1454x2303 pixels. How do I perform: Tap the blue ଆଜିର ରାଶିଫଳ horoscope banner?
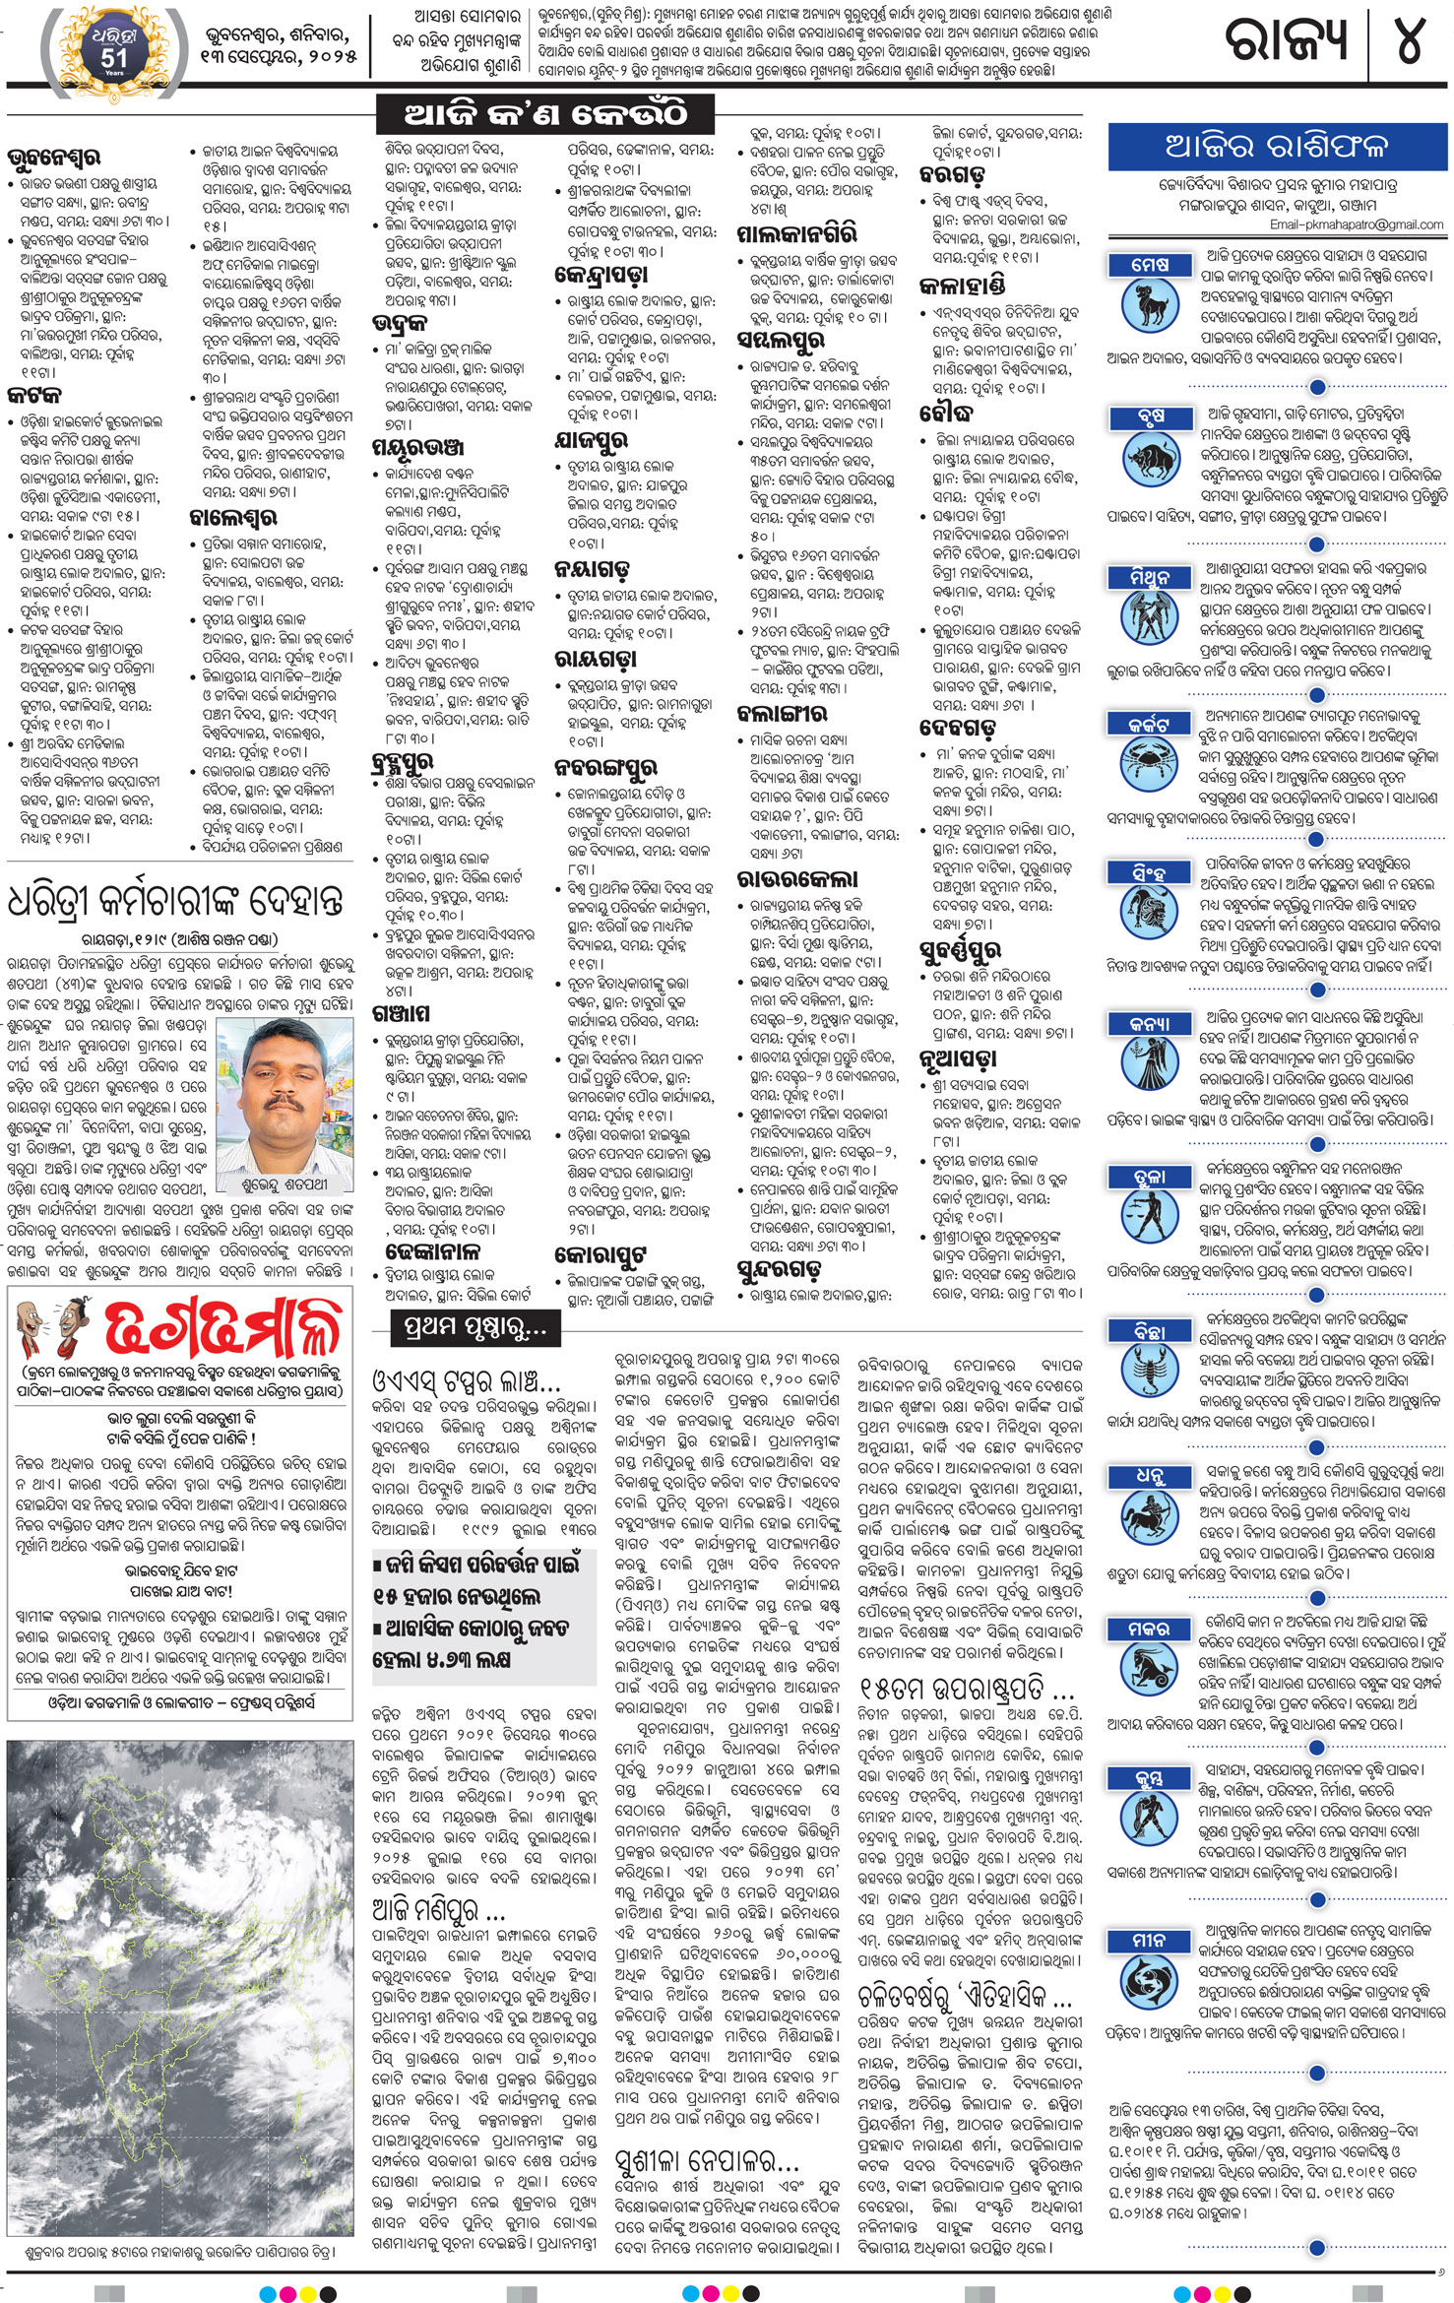[x=1275, y=147]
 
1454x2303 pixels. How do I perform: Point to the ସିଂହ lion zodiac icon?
[x=1150, y=917]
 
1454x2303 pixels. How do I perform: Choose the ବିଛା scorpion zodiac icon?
[x=1150, y=1374]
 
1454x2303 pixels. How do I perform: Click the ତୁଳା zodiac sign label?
[x=1150, y=1178]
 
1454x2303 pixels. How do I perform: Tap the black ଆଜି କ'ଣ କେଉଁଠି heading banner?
[x=545, y=115]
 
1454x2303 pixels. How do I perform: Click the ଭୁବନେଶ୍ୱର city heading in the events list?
[x=53, y=157]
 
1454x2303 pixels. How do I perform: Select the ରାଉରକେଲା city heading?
[x=796, y=878]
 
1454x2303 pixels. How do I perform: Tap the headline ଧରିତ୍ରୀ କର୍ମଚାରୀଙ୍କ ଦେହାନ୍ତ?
[x=176, y=901]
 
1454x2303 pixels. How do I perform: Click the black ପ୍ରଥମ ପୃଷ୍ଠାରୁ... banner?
[x=467, y=1329]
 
